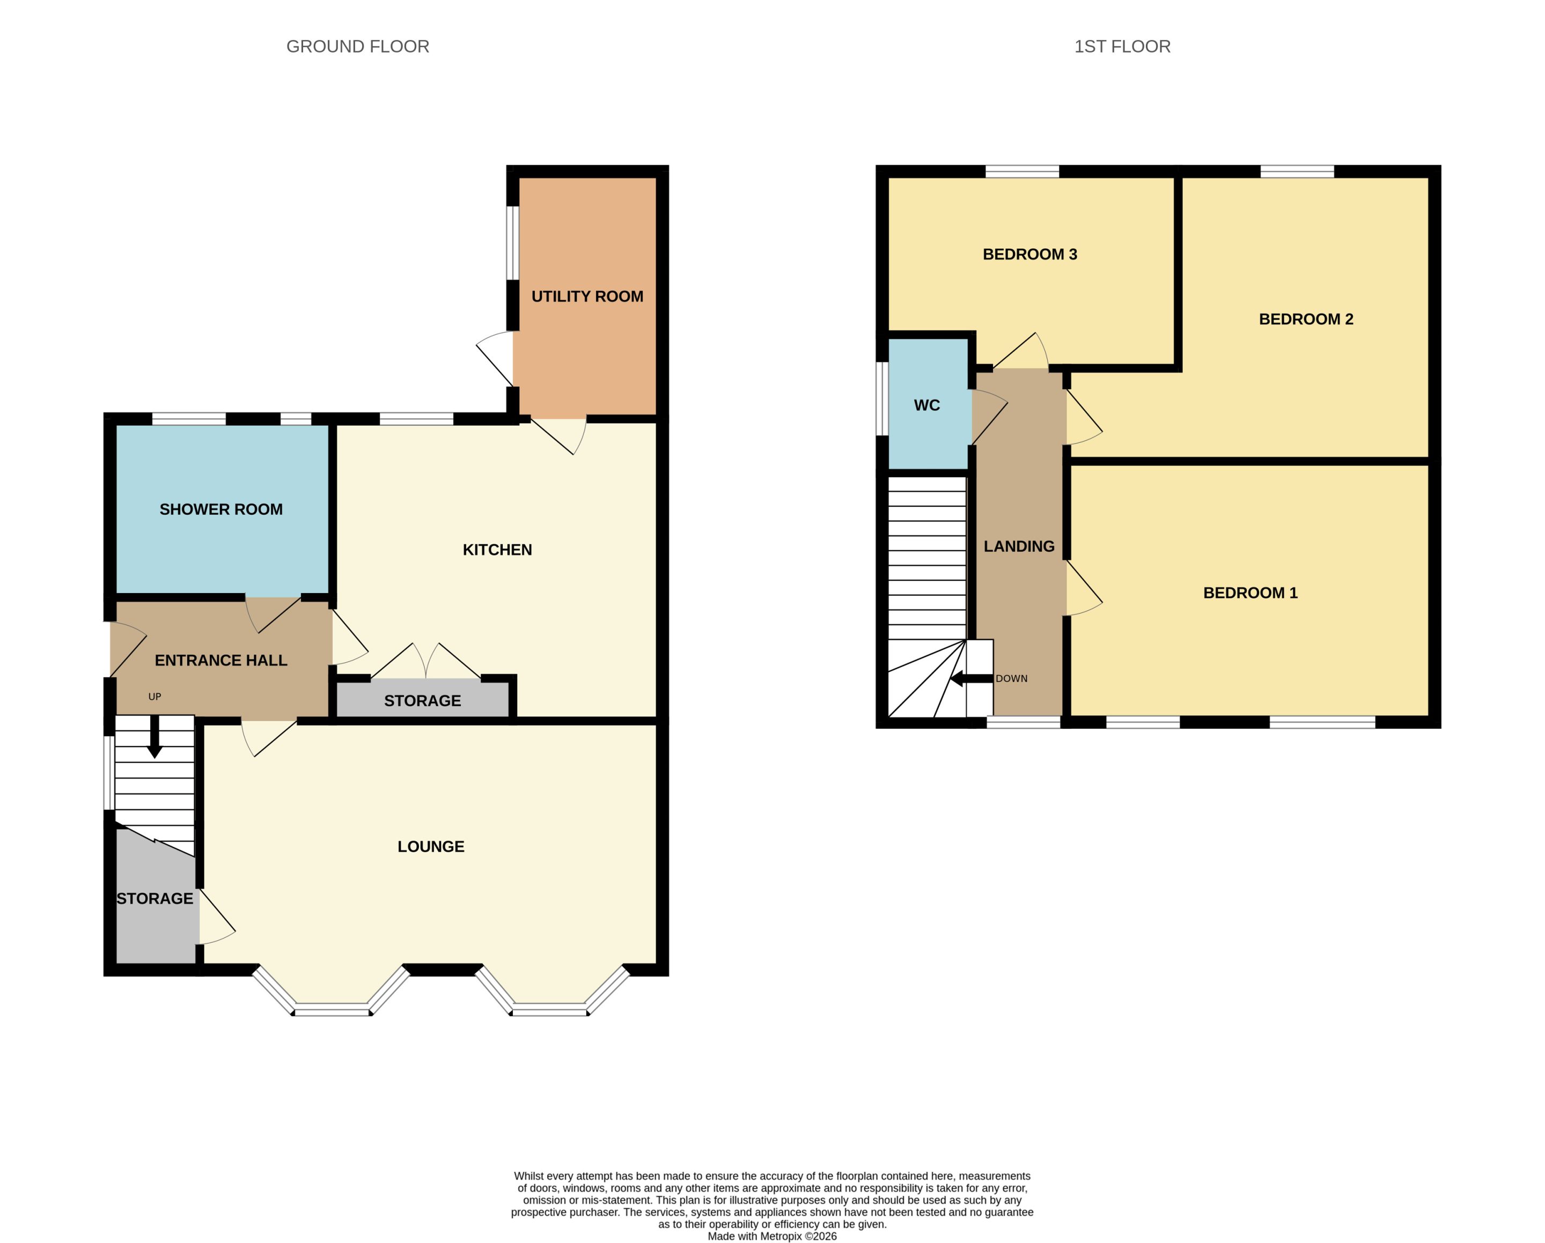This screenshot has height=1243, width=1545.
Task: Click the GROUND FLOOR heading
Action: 358,47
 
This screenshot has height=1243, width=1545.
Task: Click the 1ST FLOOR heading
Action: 1122,47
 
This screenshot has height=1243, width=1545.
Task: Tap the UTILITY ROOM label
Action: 587,297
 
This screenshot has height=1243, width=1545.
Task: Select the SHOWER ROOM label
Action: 220,509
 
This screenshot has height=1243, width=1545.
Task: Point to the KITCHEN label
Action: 497,550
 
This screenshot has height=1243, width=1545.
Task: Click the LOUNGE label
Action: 431,846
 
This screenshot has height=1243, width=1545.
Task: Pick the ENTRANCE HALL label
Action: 220,661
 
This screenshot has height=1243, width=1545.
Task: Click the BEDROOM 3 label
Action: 1030,254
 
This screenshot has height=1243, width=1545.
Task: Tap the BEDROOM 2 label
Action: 1306,319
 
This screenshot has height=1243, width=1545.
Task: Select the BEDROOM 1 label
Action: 1250,593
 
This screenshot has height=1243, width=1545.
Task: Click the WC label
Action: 926,405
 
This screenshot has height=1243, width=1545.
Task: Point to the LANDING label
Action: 1019,546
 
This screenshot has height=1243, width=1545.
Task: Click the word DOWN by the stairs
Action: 1011,678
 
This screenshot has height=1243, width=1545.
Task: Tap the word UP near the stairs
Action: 155,697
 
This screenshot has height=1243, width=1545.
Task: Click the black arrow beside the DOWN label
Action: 971,678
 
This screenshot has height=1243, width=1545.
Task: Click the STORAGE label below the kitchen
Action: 422,701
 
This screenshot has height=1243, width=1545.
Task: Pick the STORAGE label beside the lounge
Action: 155,898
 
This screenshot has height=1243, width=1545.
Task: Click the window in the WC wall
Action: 882,398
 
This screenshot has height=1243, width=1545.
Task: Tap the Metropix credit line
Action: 772,1236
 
